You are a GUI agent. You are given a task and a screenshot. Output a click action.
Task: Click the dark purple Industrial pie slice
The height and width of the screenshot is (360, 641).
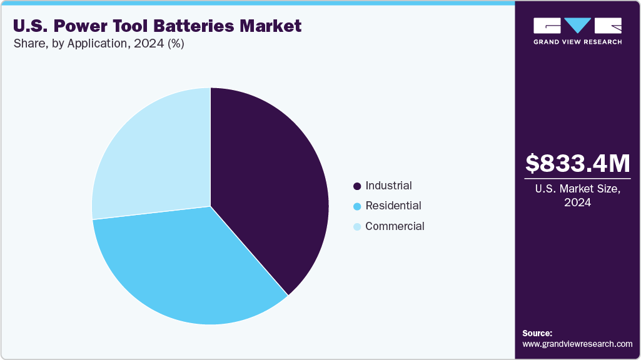pyautogui.click(x=269, y=187)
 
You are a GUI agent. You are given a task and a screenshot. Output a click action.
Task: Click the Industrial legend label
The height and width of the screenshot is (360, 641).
pyautogui.click(x=388, y=186)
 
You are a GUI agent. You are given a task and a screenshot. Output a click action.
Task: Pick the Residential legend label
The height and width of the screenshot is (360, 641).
pyautogui.click(x=393, y=206)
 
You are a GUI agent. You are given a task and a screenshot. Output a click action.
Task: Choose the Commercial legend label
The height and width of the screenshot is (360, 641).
pyautogui.click(x=395, y=226)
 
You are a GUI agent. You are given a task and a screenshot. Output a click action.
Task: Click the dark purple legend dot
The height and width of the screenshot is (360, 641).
pyautogui.click(x=357, y=186)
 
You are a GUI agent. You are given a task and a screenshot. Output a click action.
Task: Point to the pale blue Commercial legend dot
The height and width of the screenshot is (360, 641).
pyautogui.click(x=357, y=227)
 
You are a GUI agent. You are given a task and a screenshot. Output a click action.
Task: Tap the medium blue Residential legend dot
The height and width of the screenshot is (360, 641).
pyautogui.click(x=357, y=206)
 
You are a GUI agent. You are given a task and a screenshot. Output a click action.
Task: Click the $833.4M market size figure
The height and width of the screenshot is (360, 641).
pyautogui.click(x=577, y=164)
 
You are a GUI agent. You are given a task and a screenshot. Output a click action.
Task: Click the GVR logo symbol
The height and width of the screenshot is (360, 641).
pyautogui.click(x=577, y=25)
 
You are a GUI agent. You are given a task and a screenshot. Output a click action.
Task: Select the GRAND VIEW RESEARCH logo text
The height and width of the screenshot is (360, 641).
pyautogui.click(x=577, y=42)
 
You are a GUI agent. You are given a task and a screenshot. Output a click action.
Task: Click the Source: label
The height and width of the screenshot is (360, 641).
pyautogui.click(x=537, y=333)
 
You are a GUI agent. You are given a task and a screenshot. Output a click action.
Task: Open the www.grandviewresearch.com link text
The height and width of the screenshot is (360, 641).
pyautogui.click(x=577, y=344)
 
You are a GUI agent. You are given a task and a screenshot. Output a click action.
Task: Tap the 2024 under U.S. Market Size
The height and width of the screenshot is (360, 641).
pyautogui.click(x=577, y=203)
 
